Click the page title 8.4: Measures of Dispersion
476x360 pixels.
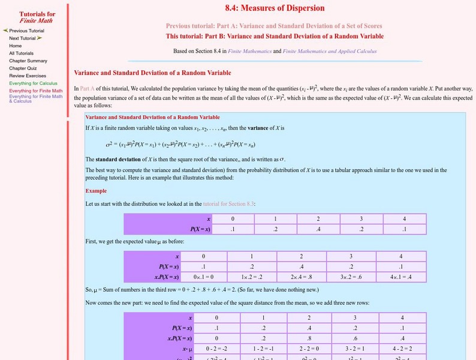(275, 8)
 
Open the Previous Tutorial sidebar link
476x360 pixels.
(26, 31)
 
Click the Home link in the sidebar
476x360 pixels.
(16, 46)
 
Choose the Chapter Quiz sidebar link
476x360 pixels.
(23, 68)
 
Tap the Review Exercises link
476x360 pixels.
(27, 76)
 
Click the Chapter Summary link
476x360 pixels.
(28, 61)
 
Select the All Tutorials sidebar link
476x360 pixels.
(21, 53)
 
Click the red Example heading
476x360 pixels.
(96, 191)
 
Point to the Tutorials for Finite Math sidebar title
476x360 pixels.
(37, 17)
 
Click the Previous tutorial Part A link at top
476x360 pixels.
(274, 26)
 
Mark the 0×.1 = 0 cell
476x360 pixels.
(203, 277)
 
